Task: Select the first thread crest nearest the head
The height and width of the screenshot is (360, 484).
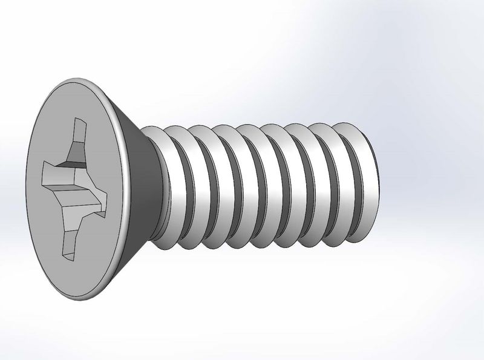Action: pos(159,182)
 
